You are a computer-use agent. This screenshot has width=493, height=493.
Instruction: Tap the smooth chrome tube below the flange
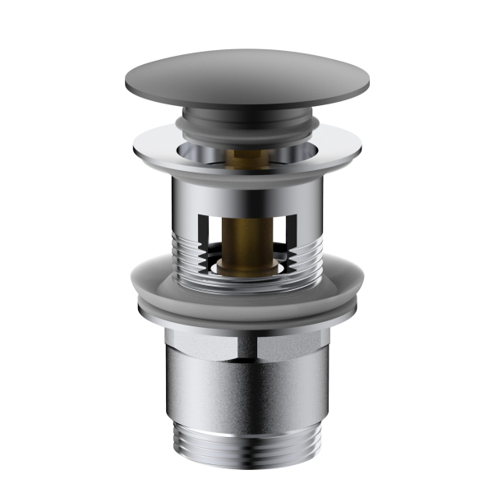[246, 193]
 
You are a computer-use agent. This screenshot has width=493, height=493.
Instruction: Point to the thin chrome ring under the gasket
[246, 316]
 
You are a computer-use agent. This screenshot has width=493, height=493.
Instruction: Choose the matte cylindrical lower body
[246, 386]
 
